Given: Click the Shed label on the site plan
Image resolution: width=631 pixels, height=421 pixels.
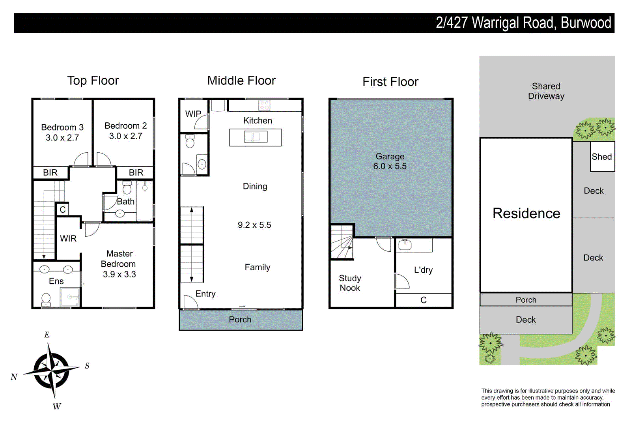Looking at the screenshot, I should [601, 157].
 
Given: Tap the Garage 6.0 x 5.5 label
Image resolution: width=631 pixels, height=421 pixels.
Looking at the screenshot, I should [390, 161].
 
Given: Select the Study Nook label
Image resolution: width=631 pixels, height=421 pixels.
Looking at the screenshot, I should [350, 283].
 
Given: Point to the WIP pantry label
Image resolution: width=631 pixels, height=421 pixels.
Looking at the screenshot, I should [193, 114].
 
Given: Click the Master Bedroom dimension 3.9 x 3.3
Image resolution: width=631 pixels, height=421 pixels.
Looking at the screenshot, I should [119, 274].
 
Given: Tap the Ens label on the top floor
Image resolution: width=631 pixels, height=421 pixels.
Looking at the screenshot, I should [56, 281].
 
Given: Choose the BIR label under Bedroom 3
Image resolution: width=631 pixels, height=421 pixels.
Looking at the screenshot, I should [50, 172].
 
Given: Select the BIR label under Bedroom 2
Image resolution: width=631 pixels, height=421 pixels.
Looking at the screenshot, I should [136, 172].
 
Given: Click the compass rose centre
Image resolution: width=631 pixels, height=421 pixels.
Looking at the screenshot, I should [52, 370].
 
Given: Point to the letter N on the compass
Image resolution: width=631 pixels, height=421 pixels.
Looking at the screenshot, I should [14, 377].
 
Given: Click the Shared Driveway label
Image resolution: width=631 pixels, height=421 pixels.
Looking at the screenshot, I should [546, 91].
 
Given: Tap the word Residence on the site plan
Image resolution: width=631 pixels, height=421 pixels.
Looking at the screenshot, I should [526, 213].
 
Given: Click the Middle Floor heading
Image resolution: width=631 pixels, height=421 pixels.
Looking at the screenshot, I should [241, 80].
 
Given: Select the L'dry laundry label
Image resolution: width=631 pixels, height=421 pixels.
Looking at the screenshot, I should [423, 270].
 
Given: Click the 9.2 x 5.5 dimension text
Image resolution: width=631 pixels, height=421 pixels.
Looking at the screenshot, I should [254, 225].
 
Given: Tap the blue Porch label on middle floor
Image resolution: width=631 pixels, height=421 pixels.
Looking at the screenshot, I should [240, 320].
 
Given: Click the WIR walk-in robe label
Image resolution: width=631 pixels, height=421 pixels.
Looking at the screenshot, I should [68, 238].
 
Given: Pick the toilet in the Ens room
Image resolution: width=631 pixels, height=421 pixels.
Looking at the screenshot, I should [46, 299].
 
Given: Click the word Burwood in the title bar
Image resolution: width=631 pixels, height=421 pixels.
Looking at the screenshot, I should [586, 23].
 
